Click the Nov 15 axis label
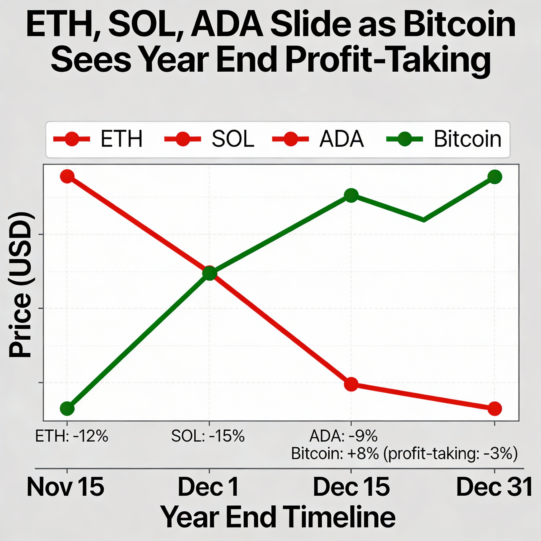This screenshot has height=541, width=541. pos(65,487)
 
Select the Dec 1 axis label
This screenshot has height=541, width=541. pos(208,487)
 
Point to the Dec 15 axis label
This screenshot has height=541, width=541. pos(351,487)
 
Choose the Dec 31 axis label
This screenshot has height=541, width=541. pos(494,487)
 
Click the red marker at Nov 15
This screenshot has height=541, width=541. pos(67,176)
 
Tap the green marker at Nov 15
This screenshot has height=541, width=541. pos(67,409)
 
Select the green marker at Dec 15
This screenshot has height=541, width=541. pos(351,195)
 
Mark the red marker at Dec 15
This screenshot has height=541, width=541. pos(351,384)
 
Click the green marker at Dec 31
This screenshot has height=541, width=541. pos(495,177)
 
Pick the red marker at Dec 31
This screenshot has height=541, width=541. pos(495,409)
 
